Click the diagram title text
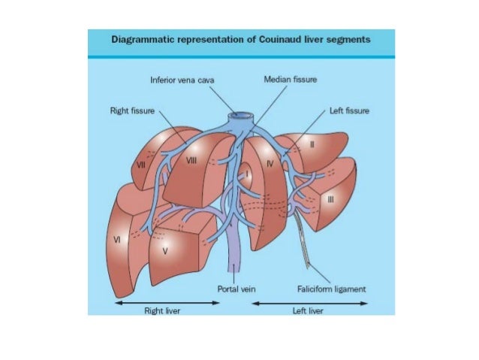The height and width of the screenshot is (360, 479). [240, 40]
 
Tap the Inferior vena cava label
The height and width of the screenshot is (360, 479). [183, 79]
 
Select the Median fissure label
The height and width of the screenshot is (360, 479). [290, 79]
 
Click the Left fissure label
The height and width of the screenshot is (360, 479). [349, 110]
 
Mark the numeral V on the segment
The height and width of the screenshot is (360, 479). [164, 251]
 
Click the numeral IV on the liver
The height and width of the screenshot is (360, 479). [273, 161]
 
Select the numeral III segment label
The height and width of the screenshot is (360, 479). [331, 199]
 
